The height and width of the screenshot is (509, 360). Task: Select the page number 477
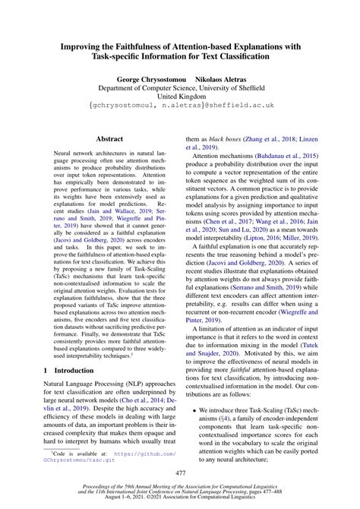[179, 472]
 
